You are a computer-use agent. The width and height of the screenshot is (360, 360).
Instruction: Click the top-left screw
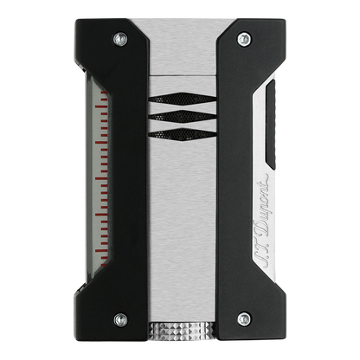[120, 39]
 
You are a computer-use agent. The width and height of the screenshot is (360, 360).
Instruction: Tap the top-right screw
[244, 39]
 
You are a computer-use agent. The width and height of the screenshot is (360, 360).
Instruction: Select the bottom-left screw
[120, 320]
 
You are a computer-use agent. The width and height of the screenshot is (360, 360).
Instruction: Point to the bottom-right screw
[244, 319]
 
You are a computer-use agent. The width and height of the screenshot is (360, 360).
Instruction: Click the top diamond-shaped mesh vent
[183, 98]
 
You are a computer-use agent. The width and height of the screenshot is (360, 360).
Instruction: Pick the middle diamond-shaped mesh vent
[183, 116]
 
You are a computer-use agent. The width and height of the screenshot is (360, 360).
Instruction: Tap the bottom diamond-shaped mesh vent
[183, 134]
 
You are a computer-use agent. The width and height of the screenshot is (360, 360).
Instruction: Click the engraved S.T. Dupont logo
[263, 222]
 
